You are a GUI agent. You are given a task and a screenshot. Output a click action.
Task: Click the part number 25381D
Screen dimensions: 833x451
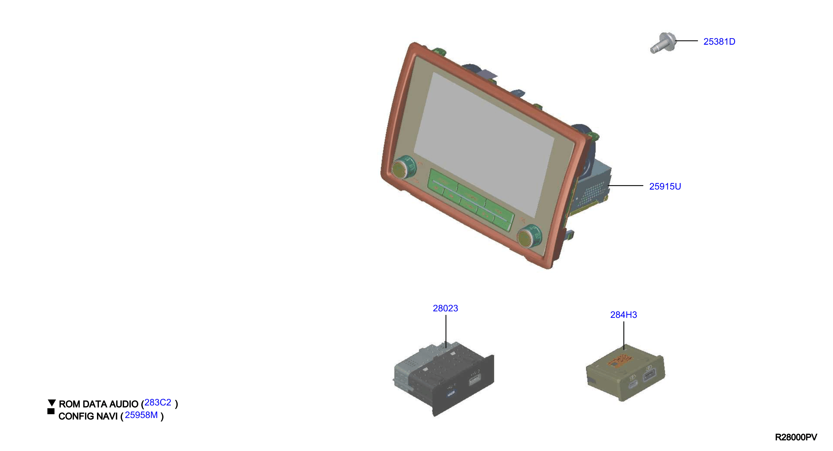719,42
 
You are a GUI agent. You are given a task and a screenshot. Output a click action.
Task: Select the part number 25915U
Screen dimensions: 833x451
665,187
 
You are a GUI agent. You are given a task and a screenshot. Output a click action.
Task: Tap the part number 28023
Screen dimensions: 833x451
445,308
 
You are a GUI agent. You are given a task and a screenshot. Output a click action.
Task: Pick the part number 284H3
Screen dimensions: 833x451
624,315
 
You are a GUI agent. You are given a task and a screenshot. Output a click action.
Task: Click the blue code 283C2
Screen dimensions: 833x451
157,402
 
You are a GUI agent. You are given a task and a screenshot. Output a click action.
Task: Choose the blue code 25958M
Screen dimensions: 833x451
141,415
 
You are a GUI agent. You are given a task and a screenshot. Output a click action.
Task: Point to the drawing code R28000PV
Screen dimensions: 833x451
796,437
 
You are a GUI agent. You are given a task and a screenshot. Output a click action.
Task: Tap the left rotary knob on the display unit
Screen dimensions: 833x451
403,167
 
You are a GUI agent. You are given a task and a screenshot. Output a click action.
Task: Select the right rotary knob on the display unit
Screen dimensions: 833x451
529,236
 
